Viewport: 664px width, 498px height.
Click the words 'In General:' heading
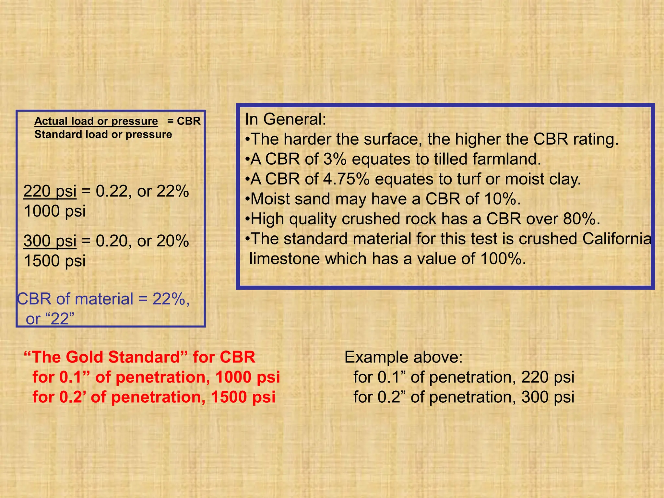click(x=285, y=119)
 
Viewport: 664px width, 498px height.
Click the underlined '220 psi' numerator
click(x=50, y=191)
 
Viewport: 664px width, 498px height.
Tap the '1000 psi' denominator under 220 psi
click(x=55, y=211)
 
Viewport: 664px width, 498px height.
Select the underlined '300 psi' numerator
click(x=50, y=241)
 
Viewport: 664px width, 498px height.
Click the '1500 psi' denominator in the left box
click(x=55, y=261)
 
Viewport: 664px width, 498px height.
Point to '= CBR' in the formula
click(x=184, y=121)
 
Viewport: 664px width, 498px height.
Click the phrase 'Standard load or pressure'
click(x=103, y=134)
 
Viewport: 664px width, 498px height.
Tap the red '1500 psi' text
click(x=243, y=397)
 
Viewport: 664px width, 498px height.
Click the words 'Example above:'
click(x=403, y=357)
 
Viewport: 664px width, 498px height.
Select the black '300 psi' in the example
click(x=548, y=397)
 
